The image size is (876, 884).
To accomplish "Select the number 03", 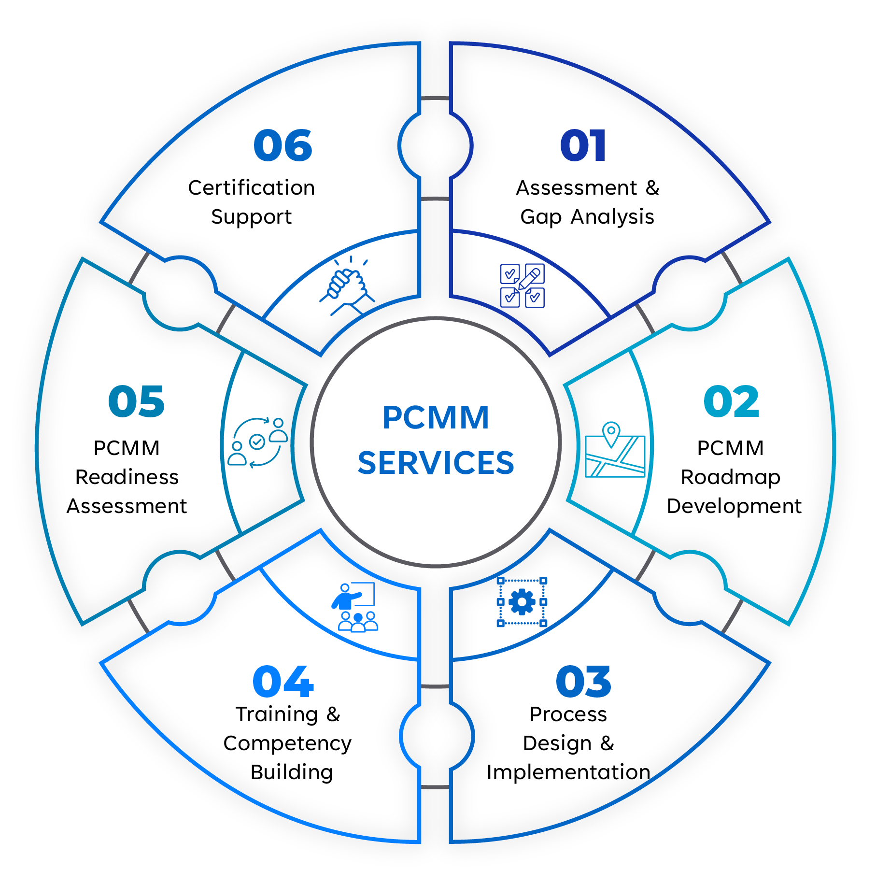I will [x=583, y=682].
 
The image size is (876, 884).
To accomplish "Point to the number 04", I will [x=283, y=682].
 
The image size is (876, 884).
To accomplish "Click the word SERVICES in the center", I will [x=436, y=463].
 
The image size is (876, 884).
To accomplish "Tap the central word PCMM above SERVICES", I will [x=436, y=417].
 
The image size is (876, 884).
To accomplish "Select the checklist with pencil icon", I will [x=523, y=285].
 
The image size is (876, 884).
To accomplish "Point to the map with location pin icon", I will [x=615, y=450].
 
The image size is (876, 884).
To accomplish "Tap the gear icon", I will [x=522, y=602].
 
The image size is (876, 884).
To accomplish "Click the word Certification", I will [x=251, y=188].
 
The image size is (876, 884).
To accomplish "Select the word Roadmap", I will [x=730, y=478].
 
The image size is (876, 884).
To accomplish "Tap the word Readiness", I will [x=127, y=477].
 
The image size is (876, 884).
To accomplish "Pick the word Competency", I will [x=287, y=744].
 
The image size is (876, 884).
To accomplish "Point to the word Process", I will [x=568, y=714].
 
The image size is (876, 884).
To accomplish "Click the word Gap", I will [x=541, y=217].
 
